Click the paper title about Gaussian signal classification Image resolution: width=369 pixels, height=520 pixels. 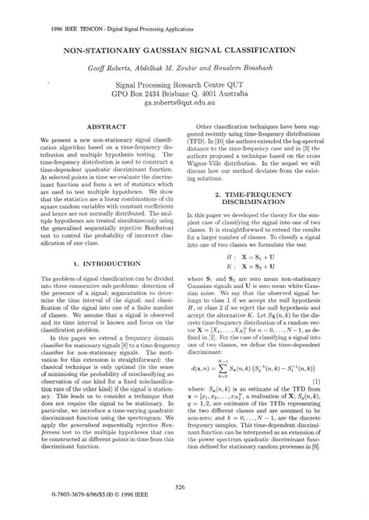click(x=184, y=47)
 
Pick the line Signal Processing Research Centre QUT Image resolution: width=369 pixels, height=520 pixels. click(x=184, y=82)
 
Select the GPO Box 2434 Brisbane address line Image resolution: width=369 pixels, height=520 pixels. click(x=184, y=92)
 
